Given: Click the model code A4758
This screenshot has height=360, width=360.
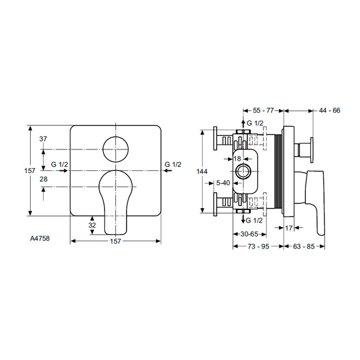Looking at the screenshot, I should click(x=41, y=237).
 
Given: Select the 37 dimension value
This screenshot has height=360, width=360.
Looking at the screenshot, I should click(x=43, y=139).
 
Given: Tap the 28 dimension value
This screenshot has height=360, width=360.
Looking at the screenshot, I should click(x=43, y=179).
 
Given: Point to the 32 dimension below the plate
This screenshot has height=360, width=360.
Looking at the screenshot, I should click(x=92, y=225).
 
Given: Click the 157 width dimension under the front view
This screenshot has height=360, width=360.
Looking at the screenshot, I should click(x=115, y=241).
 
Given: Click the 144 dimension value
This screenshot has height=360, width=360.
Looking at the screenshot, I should click(x=202, y=172).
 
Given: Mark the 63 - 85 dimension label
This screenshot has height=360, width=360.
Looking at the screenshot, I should click(x=304, y=246).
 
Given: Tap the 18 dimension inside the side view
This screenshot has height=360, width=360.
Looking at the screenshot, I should click(x=237, y=158).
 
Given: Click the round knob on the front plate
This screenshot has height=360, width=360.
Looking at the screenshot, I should click(x=115, y=148).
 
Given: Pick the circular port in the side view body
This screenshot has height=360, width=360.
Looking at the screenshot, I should click(x=244, y=171).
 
